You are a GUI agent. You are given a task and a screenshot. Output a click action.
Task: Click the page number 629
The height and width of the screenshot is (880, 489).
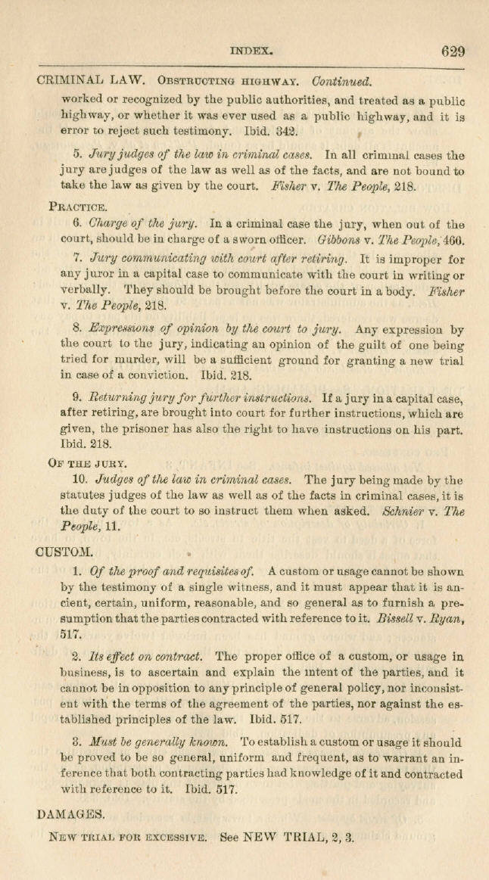(453, 51)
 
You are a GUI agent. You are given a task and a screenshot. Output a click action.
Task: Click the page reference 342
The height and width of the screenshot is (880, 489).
(266, 129)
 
